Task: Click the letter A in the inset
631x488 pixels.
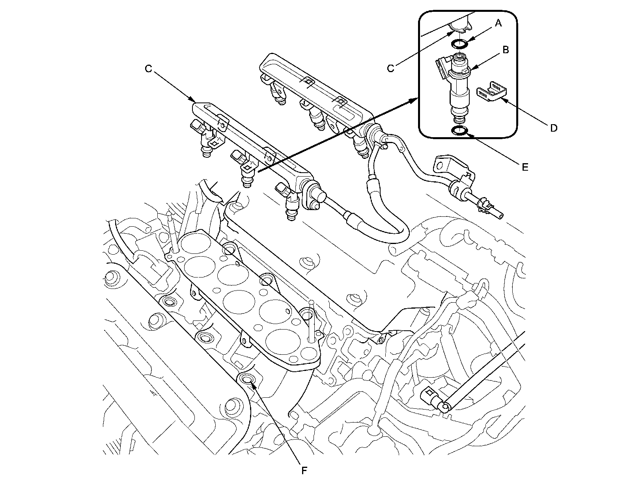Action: pyautogui.click(x=498, y=24)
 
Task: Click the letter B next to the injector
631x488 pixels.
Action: pyautogui.click(x=505, y=50)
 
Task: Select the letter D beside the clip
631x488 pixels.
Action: pyautogui.click(x=553, y=128)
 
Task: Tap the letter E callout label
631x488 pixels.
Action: pyautogui.click(x=525, y=167)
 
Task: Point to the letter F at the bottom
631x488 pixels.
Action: pyautogui.click(x=304, y=470)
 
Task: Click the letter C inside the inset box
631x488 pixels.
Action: pyautogui.click(x=390, y=69)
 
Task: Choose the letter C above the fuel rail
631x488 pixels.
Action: pyautogui.click(x=148, y=69)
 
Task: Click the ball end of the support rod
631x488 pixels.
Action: pyautogui.click(x=446, y=406)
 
